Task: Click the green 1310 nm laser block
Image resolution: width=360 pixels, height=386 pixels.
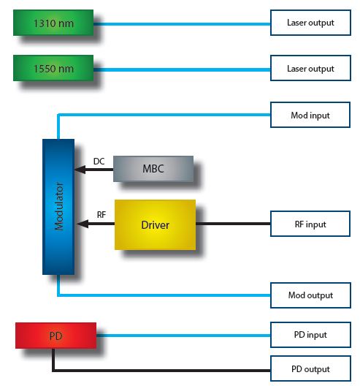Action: point(53,23)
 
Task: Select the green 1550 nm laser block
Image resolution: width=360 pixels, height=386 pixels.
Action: point(53,68)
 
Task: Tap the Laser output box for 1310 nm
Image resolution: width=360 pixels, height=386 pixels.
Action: point(310,23)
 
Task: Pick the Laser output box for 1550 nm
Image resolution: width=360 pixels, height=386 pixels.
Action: point(310,68)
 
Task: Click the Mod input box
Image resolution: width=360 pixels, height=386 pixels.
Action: point(310,115)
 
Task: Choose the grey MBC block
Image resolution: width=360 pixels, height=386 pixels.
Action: point(153,169)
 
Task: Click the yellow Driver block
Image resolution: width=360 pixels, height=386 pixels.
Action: point(155,224)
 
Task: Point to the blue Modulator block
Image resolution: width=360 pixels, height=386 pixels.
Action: point(58,207)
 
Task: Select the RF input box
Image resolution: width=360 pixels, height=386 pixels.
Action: point(310,224)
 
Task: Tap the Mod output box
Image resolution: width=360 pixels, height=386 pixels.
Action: point(310,295)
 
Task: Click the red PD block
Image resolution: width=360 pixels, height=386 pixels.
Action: point(55,336)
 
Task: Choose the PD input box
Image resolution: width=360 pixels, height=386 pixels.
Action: point(310,335)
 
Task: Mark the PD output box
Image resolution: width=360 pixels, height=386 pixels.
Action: point(310,368)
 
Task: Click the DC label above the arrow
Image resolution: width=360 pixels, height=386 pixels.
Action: point(99,162)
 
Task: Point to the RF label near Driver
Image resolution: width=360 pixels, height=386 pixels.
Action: point(102,215)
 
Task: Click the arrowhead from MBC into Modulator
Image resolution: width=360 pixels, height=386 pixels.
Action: point(80,170)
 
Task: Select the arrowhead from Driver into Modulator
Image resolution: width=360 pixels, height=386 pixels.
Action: point(83,224)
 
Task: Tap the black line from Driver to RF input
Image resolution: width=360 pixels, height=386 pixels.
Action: point(233,224)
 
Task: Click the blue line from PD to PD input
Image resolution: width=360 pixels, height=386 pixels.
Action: point(183,336)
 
